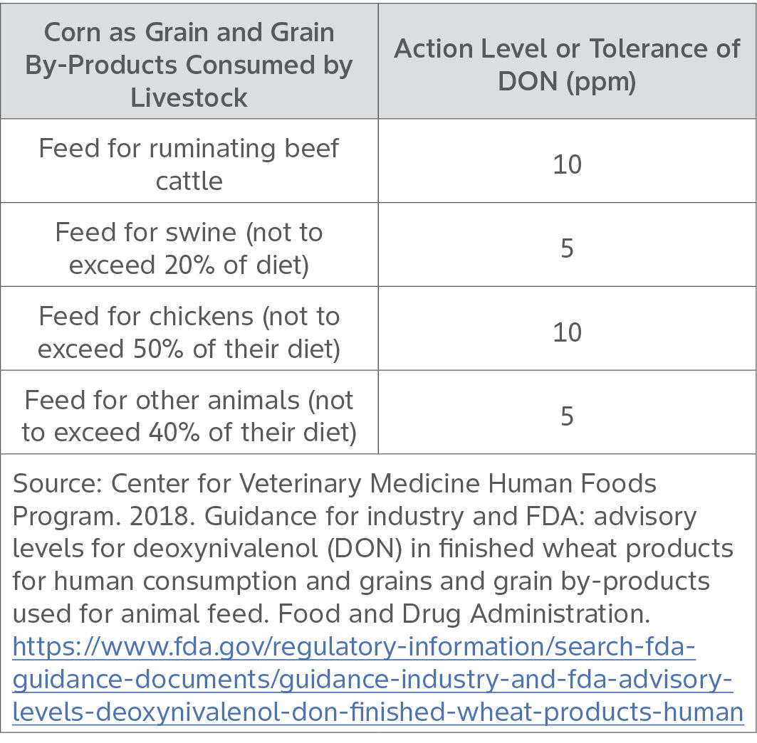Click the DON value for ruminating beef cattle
click(x=567, y=164)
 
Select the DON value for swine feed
click(x=567, y=248)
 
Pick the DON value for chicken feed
click(x=567, y=332)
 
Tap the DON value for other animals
click(x=567, y=416)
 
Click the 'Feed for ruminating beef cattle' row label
click(x=189, y=164)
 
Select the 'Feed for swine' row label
click(x=189, y=248)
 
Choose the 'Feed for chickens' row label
click(x=189, y=332)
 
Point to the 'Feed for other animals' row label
click(x=189, y=416)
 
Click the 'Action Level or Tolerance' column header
click(x=567, y=65)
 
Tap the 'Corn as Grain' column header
click(x=189, y=65)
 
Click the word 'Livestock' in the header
click(x=189, y=98)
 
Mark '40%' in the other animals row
click(x=185, y=433)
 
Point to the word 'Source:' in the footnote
click(x=56, y=484)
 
